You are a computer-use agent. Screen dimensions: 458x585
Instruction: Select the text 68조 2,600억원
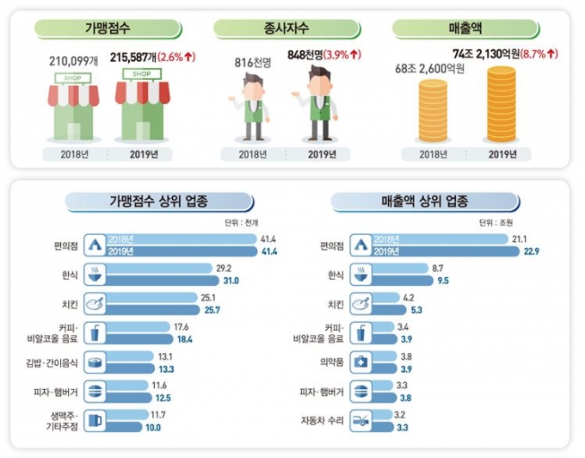(x=430, y=70)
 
